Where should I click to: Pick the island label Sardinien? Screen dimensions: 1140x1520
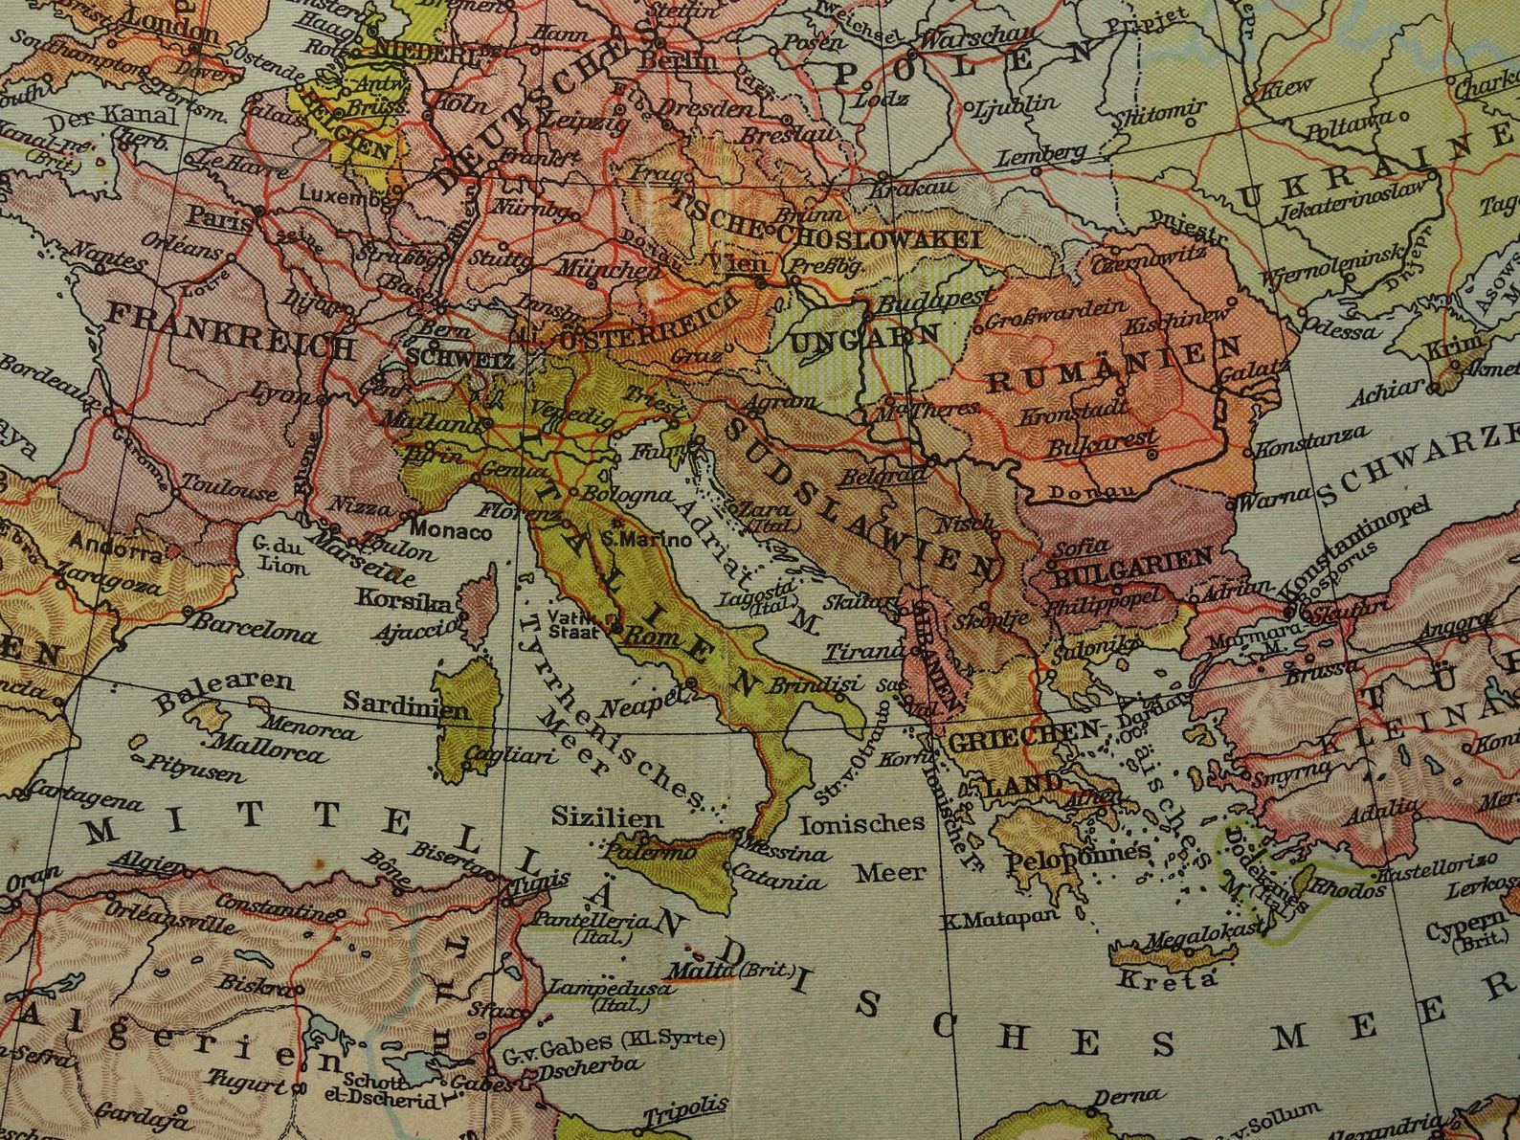click(406, 709)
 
